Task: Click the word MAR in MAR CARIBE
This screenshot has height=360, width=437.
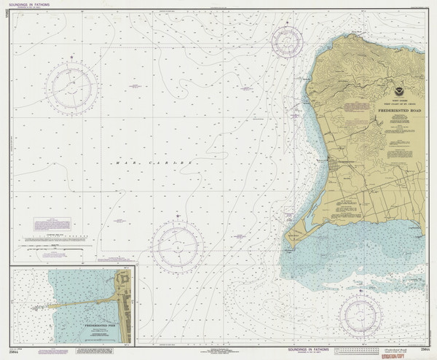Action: tap(122, 161)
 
